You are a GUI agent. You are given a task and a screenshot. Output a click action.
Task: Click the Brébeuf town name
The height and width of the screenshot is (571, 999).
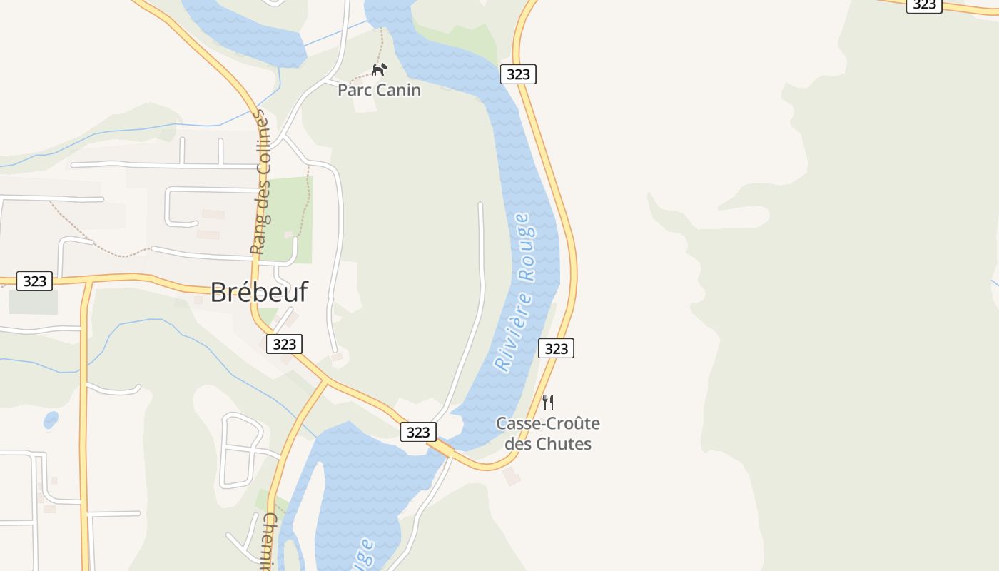[259, 292]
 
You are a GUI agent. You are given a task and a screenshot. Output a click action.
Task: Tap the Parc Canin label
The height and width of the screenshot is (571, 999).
[379, 90]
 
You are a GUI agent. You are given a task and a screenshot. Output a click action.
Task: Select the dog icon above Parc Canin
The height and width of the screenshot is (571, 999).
[379, 69]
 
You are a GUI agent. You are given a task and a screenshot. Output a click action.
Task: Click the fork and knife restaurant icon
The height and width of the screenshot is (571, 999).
[547, 402]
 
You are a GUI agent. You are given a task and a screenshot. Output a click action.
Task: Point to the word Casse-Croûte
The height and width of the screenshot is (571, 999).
[548, 423]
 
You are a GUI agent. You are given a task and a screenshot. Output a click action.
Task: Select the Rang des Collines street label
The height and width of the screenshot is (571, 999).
[261, 182]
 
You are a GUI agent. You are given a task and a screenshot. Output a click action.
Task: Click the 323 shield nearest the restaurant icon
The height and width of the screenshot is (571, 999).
[556, 348]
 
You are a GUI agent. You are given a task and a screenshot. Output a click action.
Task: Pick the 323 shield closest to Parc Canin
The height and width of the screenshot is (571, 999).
[518, 74]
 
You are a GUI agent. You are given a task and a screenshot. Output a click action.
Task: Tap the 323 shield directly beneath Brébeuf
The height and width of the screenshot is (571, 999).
[284, 344]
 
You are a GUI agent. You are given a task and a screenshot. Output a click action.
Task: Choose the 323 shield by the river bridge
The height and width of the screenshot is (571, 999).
[418, 432]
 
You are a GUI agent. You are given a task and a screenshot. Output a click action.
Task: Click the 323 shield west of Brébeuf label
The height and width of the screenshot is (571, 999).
[34, 281]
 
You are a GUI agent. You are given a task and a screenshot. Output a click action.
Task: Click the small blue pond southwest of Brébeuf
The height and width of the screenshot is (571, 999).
[51, 420]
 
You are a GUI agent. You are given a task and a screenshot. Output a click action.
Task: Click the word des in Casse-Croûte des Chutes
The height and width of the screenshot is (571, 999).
[518, 443]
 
